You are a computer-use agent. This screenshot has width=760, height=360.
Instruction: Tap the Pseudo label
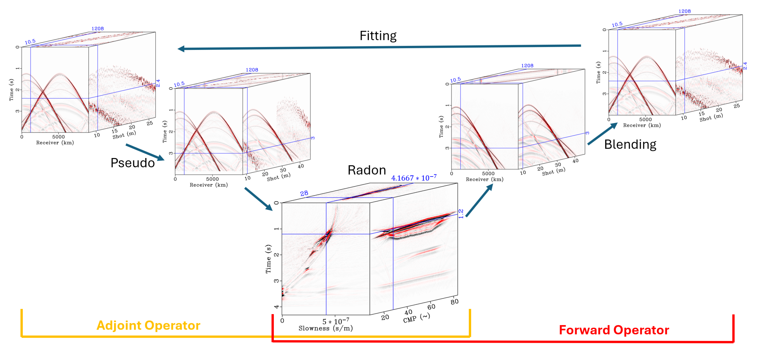[133, 163]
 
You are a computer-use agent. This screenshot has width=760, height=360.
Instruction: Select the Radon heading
[367, 170]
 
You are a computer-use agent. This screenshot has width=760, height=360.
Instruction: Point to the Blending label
[630, 144]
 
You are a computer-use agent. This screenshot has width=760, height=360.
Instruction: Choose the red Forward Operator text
[614, 330]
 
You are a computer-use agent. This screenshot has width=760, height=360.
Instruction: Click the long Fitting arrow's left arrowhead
[181, 49]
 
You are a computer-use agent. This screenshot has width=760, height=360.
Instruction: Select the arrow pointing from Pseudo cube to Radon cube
[258, 199]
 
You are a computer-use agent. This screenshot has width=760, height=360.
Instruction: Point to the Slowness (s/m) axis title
[325, 328]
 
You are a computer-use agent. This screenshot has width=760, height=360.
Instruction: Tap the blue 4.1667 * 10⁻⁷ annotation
[414, 178]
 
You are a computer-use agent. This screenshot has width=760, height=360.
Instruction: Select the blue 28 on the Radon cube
[304, 193]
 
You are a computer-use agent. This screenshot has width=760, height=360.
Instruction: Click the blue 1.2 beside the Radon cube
[461, 213]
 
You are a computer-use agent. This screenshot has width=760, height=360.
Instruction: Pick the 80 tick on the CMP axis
[454, 302]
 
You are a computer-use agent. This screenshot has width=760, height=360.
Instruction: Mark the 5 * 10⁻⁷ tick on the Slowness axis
[336, 321]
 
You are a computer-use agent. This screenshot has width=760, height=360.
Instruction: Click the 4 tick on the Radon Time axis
[276, 307]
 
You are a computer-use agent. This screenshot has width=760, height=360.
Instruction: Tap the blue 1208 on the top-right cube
[684, 11]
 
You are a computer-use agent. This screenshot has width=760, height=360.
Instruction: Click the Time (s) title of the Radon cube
[268, 259]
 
